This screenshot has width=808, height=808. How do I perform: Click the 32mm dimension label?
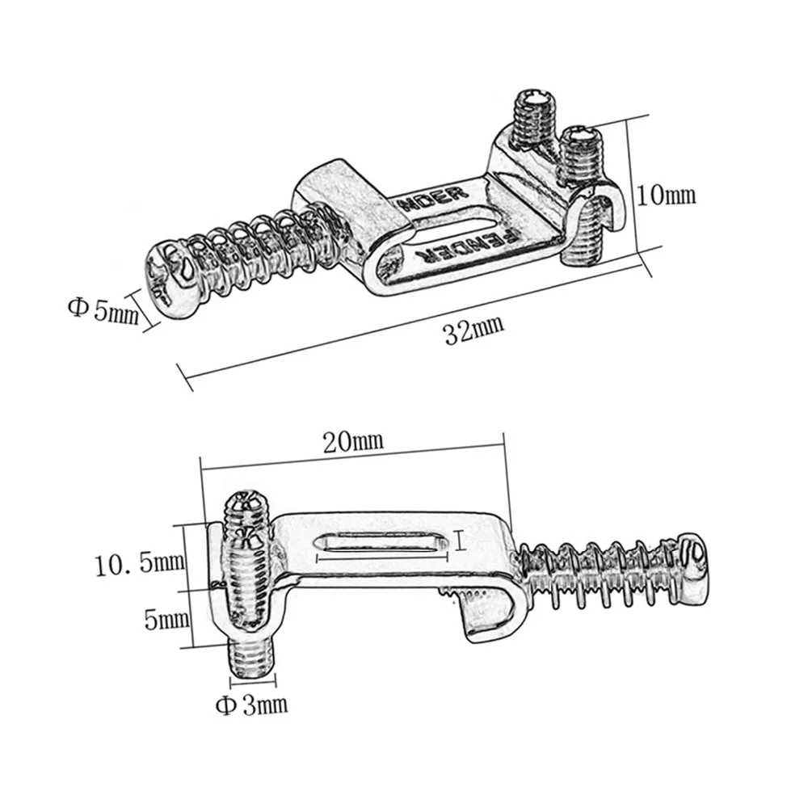473,329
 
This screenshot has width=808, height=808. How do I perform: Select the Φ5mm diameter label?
103,309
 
